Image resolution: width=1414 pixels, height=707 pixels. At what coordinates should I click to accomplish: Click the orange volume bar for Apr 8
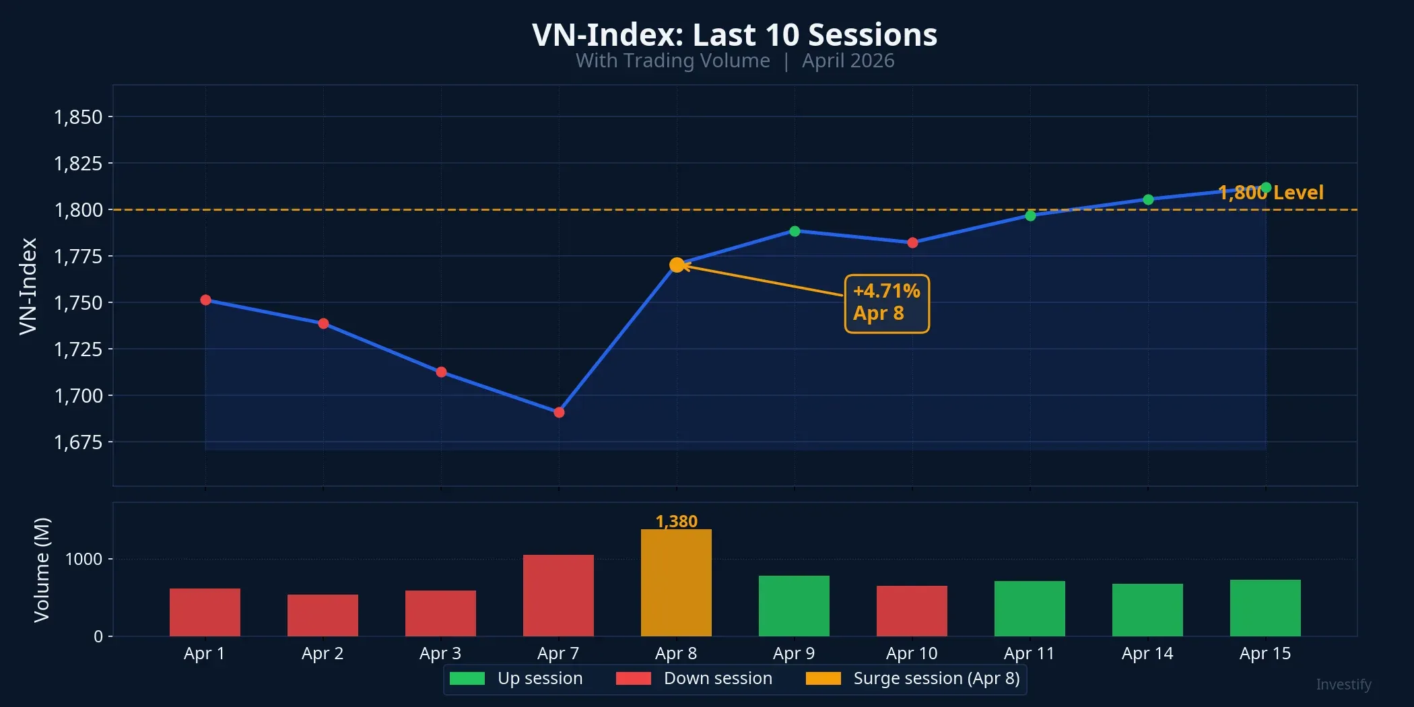pos(676,583)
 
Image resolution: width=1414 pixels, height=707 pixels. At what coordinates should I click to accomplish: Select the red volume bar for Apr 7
pos(558,596)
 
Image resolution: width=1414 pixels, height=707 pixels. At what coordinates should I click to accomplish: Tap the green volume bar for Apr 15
pos(1265,608)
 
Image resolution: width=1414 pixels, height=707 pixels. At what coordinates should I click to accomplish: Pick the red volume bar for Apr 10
pos(912,611)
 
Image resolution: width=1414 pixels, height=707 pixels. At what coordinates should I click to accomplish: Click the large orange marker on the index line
pos(677,265)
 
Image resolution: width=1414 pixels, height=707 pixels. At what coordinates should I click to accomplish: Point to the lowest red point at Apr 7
pos(559,412)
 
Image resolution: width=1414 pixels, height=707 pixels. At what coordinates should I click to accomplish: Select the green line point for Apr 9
pos(795,231)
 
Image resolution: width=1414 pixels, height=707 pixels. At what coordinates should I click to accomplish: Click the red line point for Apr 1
pos(205,300)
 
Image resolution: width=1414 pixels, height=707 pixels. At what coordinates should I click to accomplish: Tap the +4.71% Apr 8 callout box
pos(887,303)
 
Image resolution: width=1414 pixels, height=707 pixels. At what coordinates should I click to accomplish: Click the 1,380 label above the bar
pos(676,521)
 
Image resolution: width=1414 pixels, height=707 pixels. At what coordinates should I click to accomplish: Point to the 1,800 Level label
pos(1271,193)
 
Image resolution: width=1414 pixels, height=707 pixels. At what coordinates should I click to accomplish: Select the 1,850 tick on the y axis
pos(78,117)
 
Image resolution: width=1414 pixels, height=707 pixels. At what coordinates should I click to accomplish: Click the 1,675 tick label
pos(78,442)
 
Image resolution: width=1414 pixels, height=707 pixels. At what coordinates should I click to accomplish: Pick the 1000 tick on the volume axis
pos(83,560)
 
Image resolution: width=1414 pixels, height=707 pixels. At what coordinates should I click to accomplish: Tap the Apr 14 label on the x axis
pos(1147,653)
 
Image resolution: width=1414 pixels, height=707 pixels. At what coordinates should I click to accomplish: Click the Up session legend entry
pos(516,678)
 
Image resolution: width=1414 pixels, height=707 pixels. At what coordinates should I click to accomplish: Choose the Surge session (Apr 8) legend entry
pos(912,678)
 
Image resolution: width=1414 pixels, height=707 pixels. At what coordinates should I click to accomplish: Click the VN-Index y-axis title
pos(28,285)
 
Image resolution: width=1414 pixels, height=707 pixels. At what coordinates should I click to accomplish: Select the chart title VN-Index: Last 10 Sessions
pos(734,34)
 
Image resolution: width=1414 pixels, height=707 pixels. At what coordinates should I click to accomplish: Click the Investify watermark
pos(1343,685)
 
